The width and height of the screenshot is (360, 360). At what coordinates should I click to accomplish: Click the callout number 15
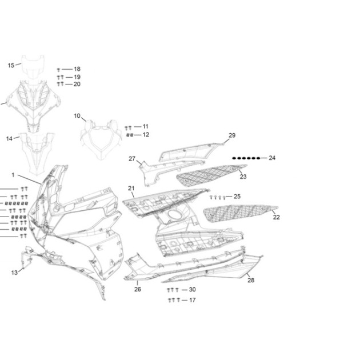tap(11, 66)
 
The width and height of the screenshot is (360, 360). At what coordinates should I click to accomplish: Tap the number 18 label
tap(77, 69)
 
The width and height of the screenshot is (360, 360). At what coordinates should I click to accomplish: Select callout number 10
tap(77, 115)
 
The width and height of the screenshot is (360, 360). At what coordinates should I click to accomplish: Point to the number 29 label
tap(232, 135)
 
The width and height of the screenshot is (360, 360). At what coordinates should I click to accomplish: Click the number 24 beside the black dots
tap(272, 158)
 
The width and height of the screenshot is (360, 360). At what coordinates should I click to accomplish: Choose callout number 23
tap(243, 177)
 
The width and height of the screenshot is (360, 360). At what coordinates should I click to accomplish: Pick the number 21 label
tap(131, 189)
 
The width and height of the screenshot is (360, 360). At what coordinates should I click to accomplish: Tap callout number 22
tap(276, 217)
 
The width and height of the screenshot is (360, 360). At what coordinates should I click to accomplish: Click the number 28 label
tap(251, 280)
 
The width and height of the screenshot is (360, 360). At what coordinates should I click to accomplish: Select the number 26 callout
tap(138, 289)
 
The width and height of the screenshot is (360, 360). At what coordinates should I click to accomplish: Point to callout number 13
tap(14, 273)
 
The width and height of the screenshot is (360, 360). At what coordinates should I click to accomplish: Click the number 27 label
tap(132, 159)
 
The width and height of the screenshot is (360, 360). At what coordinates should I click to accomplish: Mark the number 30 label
tap(192, 290)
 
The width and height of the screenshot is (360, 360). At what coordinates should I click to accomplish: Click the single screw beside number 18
tap(58, 70)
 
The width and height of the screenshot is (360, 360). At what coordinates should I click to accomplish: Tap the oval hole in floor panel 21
tap(175, 214)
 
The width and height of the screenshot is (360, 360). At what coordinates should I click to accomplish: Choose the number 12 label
tap(146, 134)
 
